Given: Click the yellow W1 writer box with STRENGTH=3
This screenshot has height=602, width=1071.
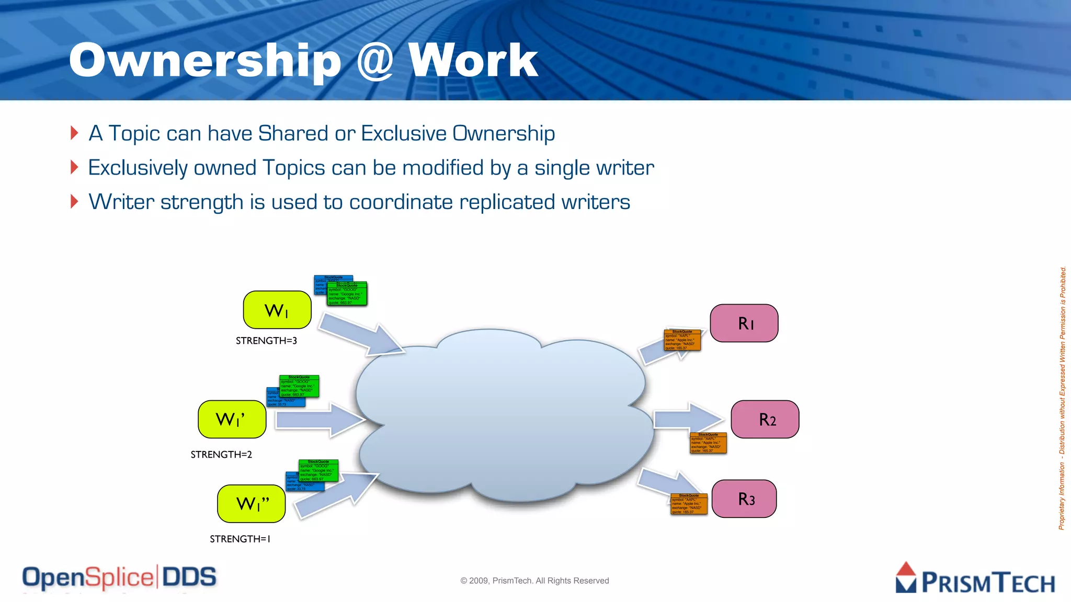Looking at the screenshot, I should click(x=277, y=310).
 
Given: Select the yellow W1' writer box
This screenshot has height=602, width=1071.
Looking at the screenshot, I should click(x=232, y=419).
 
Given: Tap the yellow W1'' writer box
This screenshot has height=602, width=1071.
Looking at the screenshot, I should click(x=251, y=504).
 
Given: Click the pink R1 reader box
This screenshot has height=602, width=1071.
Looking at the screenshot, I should click(x=744, y=323).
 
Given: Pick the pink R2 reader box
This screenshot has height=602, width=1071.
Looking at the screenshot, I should click(x=765, y=419).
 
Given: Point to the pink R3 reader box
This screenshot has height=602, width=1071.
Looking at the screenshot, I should click(x=744, y=499).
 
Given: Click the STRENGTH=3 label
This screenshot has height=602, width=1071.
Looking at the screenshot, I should click(x=266, y=341).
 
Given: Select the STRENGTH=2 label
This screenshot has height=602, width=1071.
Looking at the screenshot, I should click(x=221, y=455).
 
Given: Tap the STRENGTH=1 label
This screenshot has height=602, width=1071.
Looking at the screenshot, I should click(x=240, y=539).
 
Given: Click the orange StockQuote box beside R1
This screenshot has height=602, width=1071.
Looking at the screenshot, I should click(x=682, y=340).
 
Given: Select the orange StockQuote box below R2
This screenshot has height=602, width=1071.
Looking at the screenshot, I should click(x=708, y=443).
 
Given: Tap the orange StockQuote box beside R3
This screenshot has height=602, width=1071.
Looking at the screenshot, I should click(x=689, y=504).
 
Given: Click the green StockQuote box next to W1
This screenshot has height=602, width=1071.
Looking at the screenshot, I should click(x=347, y=294).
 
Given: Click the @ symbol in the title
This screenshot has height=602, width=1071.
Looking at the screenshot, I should click(x=374, y=61).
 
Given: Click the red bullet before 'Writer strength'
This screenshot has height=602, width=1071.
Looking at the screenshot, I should click(x=74, y=201).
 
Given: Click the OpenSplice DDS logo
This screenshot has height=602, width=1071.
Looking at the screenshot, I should click(x=119, y=577).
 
